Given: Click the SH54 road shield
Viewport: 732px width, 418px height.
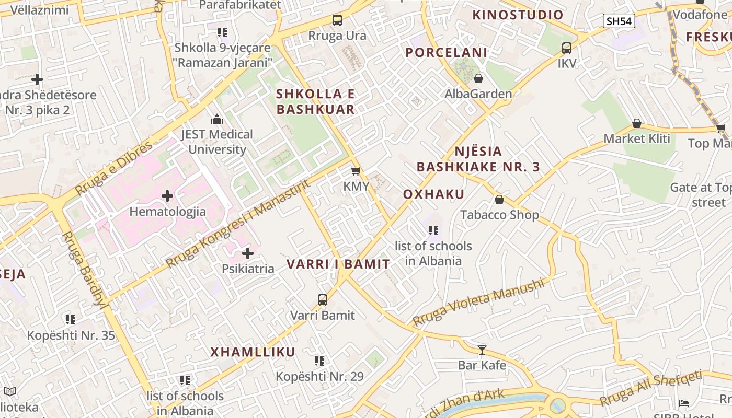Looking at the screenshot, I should pyautogui.click(x=619, y=21).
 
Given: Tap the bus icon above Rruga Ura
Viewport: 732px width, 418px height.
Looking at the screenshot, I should pyautogui.click(x=337, y=20).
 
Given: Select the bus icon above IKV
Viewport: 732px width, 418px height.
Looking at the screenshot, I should pyautogui.click(x=567, y=48).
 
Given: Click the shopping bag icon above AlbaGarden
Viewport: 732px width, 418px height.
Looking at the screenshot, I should pyautogui.click(x=478, y=78).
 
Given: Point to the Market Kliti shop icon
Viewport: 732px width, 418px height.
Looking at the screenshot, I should pyautogui.click(x=637, y=123).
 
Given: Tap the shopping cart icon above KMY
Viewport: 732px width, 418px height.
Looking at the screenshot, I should pyautogui.click(x=356, y=171).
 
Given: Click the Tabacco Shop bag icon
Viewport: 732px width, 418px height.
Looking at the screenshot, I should pyautogui.click(x=499, y=200).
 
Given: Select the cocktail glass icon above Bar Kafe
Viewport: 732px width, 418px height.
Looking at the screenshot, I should pyautogui.click(x=482, y=350).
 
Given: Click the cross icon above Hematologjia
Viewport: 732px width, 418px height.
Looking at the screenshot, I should pyautogui.click(x=167, y=196).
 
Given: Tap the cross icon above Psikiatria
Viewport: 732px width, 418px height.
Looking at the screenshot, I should pyautogui.click(x=248, y=253).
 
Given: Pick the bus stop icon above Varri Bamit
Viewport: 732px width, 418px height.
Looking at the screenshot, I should pyautogui.click(x=323, y=300).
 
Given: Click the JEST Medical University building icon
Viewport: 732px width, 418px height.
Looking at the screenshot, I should pyautogui.click(x=216, y=119).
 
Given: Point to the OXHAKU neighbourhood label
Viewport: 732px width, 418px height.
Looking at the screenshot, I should pyautogui.click(x=433, y=194).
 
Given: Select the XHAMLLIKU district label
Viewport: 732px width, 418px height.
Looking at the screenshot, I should pyautogui.click(x=253, y=352).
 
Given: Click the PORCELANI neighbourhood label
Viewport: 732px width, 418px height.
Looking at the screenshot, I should pyautogui.click(x=447, y=52).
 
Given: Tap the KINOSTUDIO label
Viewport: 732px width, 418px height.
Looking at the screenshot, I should pyautogui.click(x=518, y=15).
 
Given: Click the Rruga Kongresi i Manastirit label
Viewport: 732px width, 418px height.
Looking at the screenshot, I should pyautogui.click(x=238, y=222).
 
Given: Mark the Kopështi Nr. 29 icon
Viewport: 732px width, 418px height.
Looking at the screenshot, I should pyautogui.click(x=319, y=361).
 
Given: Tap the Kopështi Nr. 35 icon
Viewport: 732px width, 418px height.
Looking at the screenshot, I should pyautogui.click(x=71, y=319).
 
